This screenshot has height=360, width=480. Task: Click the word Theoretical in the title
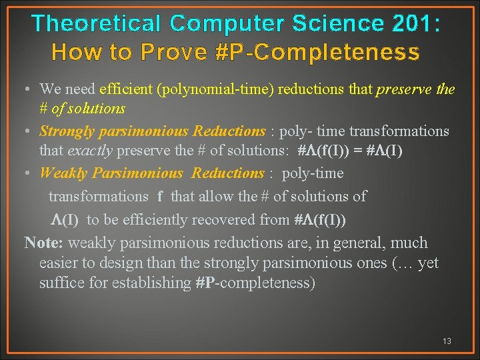pyautogui.click(x=97, y=23)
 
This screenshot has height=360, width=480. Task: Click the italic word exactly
pyautogui.click(x=91, y=150)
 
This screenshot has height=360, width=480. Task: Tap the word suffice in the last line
pyautogui.click(x=58, y=283)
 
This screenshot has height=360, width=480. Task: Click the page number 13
pyautogui.click(x=447, y=341)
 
